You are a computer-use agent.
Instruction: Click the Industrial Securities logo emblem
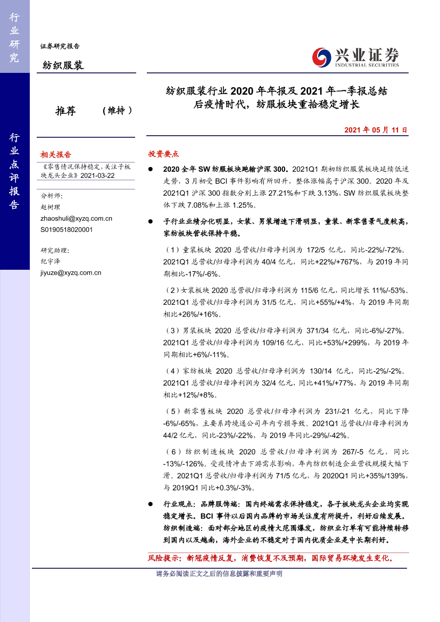coord(321,56)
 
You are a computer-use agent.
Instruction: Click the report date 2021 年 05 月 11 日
coord(376,129)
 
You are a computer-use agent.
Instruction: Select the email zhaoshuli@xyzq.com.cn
coord(76,218)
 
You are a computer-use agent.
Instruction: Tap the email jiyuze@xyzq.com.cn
coord(71,272)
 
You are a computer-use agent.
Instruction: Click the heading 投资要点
coord(163,154)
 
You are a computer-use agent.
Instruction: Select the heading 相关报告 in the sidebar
coord(56,155)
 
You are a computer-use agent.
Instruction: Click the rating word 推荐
coord(65,111)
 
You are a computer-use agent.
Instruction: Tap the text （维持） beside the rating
coord(116,111)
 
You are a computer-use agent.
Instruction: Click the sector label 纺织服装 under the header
coord(63,65)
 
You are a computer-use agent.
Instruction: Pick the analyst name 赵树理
coord(51,207)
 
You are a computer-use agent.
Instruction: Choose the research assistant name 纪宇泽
coord(51,261)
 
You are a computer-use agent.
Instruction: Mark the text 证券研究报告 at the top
coord(60,46)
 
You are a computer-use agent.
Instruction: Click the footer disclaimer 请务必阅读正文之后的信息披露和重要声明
coord(219,574)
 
